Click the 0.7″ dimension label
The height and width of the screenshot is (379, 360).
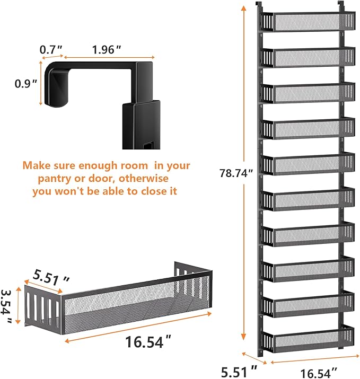[51, 50]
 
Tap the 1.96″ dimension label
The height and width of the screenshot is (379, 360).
[107, 50]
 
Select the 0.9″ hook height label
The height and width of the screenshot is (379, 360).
[26, 84]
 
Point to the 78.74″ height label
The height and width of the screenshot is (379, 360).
[236, 173]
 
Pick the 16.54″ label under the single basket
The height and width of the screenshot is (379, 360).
[148, 342]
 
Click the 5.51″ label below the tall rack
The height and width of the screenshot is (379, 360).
[239, 372]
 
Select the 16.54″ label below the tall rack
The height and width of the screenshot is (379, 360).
[319, 373]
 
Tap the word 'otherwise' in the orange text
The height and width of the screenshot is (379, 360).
[144, 179]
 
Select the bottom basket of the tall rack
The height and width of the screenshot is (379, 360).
[308, 338]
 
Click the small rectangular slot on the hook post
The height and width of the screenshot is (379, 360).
[148, 146]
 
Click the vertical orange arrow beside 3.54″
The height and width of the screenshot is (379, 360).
[18, 305]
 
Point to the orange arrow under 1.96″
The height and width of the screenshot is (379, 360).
[109, 58]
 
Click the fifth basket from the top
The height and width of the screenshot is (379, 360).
[308, 164]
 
